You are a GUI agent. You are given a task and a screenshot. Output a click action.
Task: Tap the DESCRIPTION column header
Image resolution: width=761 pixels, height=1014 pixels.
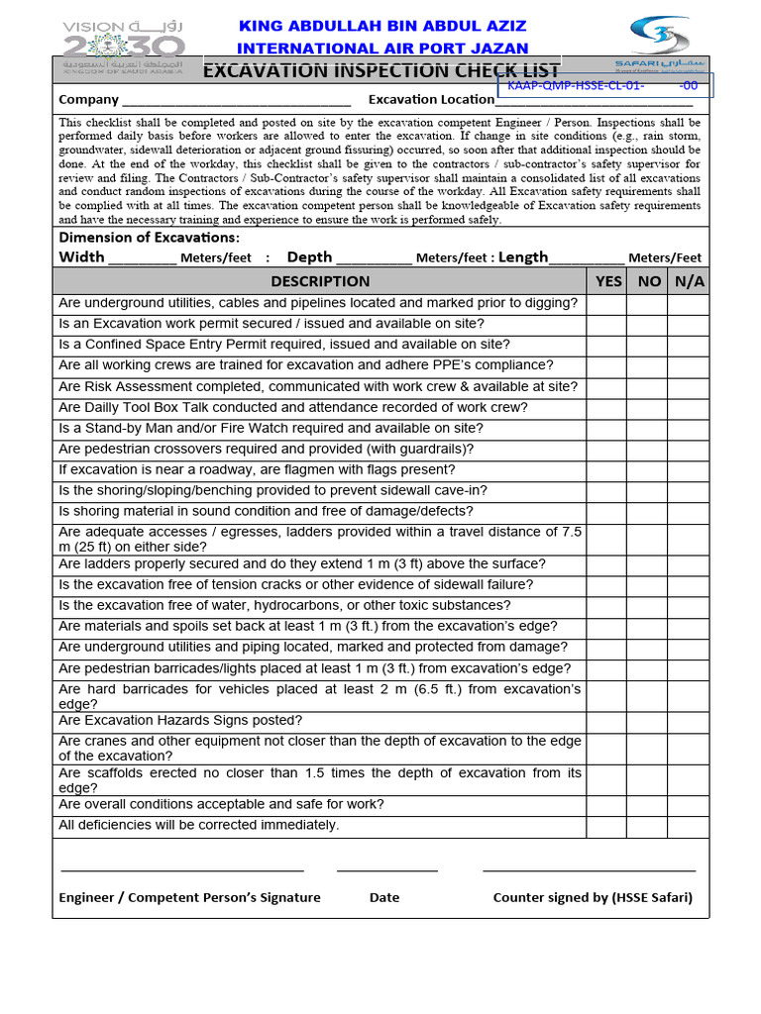click(320, 281)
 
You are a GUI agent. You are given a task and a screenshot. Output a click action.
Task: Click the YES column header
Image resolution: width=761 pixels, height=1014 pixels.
click(608, 281)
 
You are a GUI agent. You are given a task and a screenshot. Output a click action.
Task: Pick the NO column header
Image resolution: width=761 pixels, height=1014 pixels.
click(649, 281)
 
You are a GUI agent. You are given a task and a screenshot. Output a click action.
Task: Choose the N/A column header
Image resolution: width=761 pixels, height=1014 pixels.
click(689, 281)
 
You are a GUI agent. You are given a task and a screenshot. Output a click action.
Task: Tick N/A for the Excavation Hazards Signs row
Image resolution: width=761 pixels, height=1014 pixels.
click(688, 721)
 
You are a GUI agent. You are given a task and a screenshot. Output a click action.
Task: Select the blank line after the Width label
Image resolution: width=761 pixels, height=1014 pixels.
click(142, 260)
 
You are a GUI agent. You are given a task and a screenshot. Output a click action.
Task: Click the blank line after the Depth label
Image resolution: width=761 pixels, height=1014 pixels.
click(374, 260)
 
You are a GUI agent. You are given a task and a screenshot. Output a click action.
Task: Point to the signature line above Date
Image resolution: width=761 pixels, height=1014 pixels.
click(386, 870)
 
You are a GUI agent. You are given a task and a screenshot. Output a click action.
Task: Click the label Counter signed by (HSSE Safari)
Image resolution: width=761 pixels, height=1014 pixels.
click(593, 897)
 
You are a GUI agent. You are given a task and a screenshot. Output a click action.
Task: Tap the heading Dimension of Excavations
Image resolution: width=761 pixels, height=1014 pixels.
click(149, 238)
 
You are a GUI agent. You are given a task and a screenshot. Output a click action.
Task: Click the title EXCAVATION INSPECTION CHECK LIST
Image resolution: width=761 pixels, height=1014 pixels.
click(381, 71)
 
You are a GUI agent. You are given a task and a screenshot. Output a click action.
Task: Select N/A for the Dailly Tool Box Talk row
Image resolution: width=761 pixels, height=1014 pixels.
click(688, 407)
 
